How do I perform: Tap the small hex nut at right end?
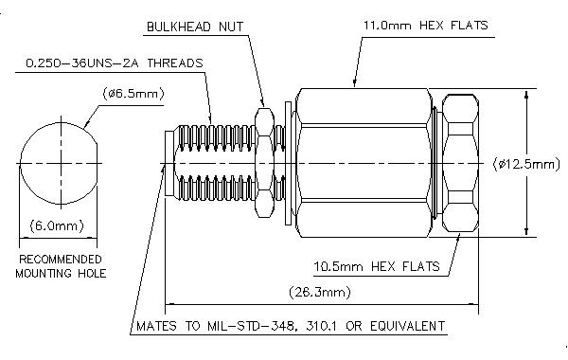pos(461,163)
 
